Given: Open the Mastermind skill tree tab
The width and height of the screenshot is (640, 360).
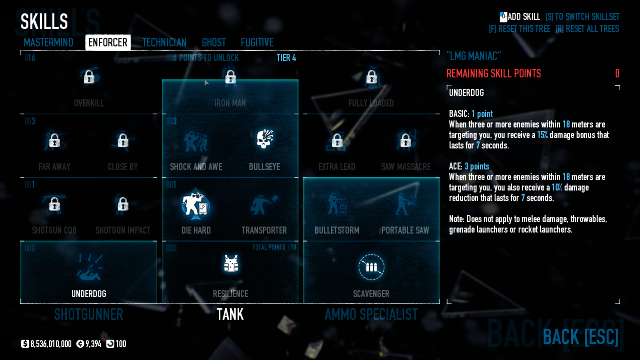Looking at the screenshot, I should (x=48, y=42).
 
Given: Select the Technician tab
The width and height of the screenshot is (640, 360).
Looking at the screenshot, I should (x=164, y=42).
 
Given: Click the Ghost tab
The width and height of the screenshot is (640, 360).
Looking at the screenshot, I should (x=214, y=42).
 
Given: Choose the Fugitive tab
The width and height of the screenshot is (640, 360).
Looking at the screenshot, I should (x=257, y=42).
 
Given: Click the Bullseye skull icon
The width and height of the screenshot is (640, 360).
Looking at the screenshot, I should (x=265, y=139).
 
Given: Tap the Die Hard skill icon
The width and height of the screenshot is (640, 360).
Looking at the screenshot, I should (x=195, y=204).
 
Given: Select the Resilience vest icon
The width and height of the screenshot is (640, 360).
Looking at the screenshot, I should (x=231, y=264).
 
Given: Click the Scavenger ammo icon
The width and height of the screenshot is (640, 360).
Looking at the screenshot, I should (x=371, y=267).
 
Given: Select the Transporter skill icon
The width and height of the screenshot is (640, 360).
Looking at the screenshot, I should (x=264, y=204).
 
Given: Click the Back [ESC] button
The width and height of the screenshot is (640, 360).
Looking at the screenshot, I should (x=581, y=337).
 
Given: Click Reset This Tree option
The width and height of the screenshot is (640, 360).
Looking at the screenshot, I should (x=520, y=29).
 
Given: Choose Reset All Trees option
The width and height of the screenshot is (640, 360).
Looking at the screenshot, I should (x=587, y=29).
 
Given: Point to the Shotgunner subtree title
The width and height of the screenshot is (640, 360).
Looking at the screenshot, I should (x=89, y=314).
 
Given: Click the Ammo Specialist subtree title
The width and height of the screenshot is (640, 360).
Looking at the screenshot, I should (x=371, y=314).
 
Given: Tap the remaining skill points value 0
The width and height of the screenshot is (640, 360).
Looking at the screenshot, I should (x=617, y=73).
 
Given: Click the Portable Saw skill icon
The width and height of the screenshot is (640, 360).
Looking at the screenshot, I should (x=405, y=204).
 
